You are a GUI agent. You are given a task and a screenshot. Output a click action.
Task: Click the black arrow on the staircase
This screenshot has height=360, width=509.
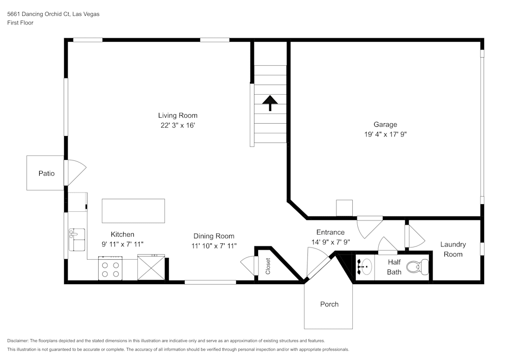270,103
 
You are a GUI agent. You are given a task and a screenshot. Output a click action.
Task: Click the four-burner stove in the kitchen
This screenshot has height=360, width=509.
110,269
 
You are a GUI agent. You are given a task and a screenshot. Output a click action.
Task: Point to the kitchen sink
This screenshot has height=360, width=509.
77,240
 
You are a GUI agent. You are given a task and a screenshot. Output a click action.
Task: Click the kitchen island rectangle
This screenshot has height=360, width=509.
133,211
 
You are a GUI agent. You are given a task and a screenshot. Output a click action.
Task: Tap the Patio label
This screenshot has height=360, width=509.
46,174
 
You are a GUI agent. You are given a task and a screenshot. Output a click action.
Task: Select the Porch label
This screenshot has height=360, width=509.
329,304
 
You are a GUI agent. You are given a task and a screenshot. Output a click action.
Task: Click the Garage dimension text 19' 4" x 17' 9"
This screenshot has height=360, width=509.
385,134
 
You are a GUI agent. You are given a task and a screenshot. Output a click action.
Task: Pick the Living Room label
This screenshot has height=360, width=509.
177,116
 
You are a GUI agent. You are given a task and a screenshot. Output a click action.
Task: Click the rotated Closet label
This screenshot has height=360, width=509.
268,266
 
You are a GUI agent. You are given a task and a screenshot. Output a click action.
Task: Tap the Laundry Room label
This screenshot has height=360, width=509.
453,249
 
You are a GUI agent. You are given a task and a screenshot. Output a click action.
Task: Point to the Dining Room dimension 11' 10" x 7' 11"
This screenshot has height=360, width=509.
214,246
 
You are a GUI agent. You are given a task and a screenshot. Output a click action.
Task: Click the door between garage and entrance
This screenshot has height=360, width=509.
370,227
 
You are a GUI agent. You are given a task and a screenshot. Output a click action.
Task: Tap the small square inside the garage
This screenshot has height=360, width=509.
345,208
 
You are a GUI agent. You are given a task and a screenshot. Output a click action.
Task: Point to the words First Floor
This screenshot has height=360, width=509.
20,23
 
